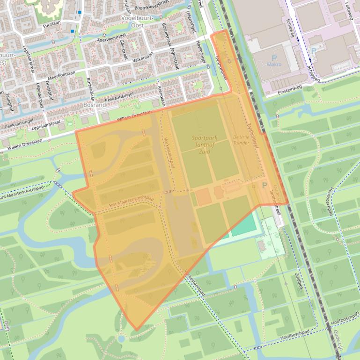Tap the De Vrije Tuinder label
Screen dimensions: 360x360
242,140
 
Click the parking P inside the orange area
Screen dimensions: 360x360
264,186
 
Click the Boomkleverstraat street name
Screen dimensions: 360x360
152,7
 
